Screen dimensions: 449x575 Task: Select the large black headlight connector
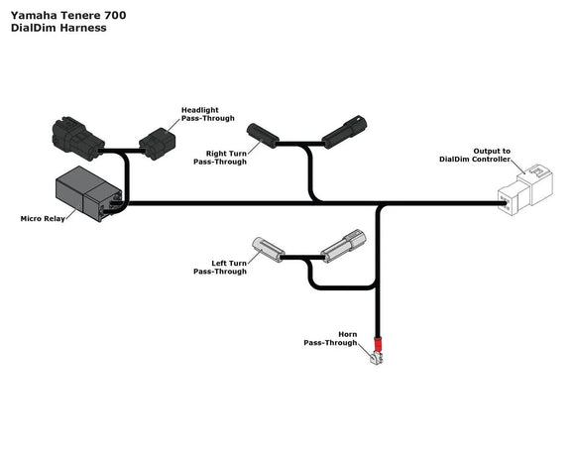coord(77,138)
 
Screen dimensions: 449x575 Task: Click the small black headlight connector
coord(159,144)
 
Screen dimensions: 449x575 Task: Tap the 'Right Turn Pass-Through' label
coord(226,158)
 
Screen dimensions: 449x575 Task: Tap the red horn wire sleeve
coord(377,341)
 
